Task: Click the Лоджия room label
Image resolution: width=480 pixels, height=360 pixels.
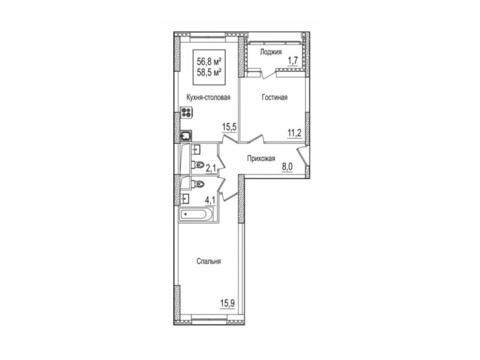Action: pos(271,52)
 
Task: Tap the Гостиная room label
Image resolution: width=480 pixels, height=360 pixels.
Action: pos(274,97)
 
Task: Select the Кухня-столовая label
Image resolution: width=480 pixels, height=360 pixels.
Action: pos(208,97)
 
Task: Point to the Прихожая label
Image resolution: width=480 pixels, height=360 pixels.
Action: pos(261,158)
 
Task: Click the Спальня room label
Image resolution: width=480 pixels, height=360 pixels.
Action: pos(209,261)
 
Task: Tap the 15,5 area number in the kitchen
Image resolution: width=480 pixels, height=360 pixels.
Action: pos(229,127)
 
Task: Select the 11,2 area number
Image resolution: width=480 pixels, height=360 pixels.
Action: pos(294,133)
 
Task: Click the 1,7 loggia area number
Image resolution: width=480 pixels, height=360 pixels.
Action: pos(292,61)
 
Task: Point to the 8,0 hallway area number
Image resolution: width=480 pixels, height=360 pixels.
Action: pos(287,167)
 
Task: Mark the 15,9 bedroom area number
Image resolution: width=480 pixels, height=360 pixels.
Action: pos(228,303)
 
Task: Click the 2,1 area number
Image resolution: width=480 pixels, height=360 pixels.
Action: pos(211,168)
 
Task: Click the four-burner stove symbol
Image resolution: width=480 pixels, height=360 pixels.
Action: pos(186,112)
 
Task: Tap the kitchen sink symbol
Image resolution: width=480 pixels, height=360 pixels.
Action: pos(186,136)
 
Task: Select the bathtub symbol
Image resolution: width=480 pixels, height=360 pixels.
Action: pos(196,214)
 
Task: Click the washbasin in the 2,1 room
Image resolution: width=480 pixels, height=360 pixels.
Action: pos(196,150)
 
